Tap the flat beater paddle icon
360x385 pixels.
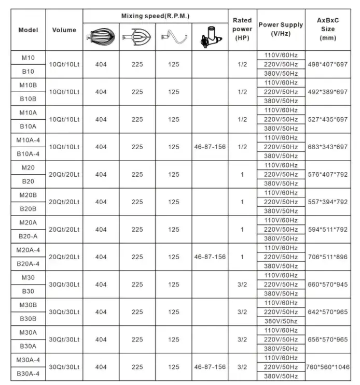tap(137, 37)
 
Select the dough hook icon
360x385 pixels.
tap(174, 37)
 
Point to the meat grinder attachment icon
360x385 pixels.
tap(210, 37)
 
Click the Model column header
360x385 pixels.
tap(28, 30)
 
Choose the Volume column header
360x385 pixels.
tap(64, 30)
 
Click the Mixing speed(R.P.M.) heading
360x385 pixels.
tap(155, 16)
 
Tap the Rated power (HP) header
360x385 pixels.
tap(242, 29)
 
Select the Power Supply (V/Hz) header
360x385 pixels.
tap(281, 29)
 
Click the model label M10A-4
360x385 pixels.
tap(28, 140)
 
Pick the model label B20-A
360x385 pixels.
tap(28, 236)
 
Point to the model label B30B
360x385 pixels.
tap(28, 319)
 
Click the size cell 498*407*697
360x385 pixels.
tap(327, 64)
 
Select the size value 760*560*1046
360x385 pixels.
tap(327, 367)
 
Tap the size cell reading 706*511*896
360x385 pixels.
tap(327, 257)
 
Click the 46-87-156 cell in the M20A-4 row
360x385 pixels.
tap(210, 257)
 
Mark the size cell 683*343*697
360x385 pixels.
tap(327, 147)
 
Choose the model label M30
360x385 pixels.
tap(28, 278)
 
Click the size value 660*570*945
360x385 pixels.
tap(327, 284)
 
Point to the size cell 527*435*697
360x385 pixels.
tap(327, 120)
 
